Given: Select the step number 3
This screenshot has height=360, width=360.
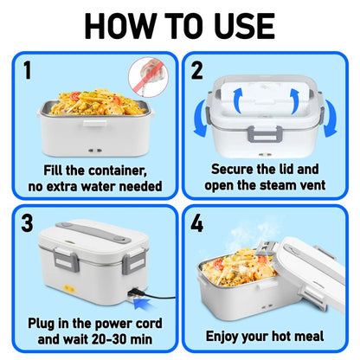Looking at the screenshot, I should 28,224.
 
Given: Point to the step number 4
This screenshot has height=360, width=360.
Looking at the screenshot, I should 198,224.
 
